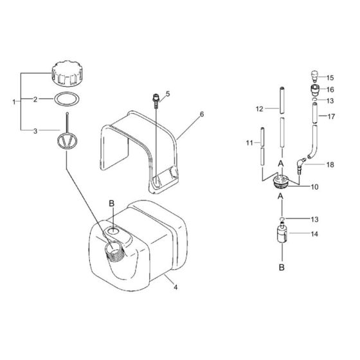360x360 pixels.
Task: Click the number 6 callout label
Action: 201,114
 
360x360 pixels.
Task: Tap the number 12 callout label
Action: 259,109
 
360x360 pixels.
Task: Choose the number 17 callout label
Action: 332,116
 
